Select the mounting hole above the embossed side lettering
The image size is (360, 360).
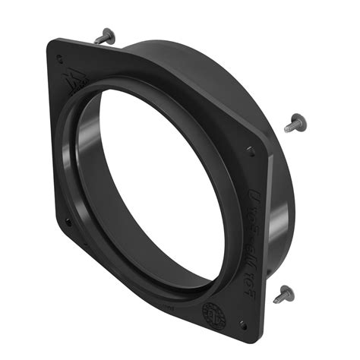click(251, 149)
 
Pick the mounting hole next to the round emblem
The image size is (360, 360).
click(242, 323)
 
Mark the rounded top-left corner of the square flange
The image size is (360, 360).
click(52, 43)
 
